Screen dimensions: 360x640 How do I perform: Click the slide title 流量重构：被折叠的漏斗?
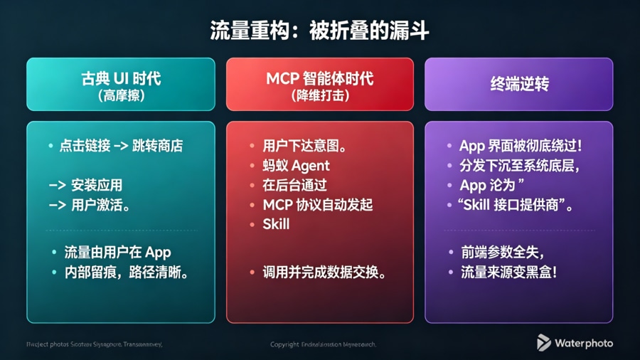(x=319, y=31)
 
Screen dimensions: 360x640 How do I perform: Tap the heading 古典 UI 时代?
(x=121, y=78)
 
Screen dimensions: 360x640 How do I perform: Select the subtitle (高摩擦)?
(x=121, y=95)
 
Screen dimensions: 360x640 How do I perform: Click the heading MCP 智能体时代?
(x=320, y=78)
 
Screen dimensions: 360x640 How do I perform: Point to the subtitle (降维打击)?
(x=320, y=95)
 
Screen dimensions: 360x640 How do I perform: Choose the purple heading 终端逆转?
(x=519, y=84)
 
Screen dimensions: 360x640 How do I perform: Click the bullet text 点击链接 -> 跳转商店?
(x=121, y=147)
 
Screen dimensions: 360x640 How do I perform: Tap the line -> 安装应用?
(x=86, y=185)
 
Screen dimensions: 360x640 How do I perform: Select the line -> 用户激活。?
(x=90, y=205)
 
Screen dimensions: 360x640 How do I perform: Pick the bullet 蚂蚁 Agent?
(x=296, y=166)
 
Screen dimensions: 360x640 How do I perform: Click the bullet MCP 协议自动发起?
(x=317, y=205)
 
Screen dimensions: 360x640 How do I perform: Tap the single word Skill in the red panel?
(x=276, y=224)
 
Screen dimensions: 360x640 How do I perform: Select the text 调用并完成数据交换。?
(x=324, y=272)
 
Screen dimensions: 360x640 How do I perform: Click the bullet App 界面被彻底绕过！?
(x=521, y=147)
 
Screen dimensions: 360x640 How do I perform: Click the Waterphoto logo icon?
(x=544, y=343)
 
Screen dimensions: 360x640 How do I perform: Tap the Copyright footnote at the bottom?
(x=323, y=344)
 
